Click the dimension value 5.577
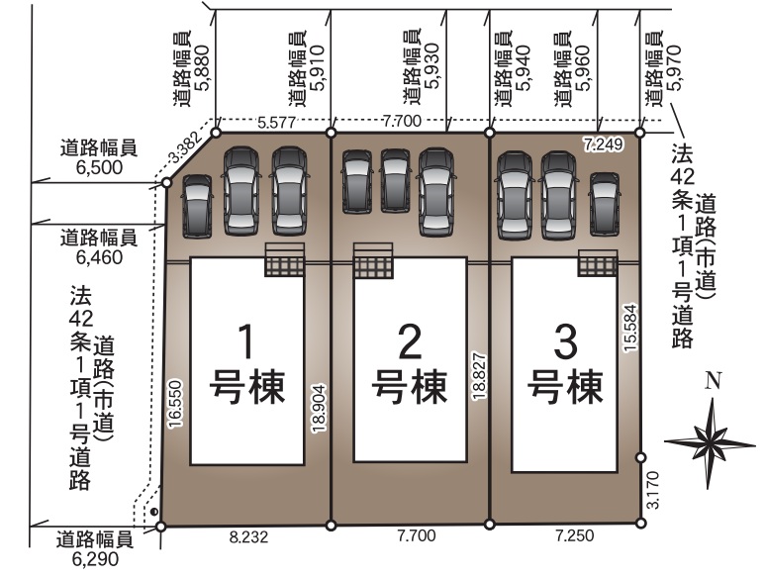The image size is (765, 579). pos(277,122)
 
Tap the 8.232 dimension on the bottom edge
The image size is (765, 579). pos(248,537)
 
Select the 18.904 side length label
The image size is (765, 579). pos(320,409)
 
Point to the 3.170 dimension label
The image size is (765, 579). pos(652,490)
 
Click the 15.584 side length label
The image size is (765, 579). pos(630,328)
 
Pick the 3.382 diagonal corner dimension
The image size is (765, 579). pos(184,147)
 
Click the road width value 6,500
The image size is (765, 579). pos(99,167)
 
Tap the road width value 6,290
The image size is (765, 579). pos(95,559)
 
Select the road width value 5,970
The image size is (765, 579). pos(676,68)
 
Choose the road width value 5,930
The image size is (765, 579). pos(431,67)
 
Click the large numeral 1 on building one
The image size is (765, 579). pos(246,341)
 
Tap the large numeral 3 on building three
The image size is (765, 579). pos(565,341)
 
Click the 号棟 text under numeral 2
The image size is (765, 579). pos(410,387)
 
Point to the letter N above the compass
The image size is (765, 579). pos(714,380)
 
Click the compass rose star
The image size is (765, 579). pos(711,443)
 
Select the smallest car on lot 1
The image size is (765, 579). pos(197,206)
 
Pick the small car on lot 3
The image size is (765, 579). pos(605,204)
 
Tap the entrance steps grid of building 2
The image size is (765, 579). pos(373,267)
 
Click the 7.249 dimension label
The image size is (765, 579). pos(604,145)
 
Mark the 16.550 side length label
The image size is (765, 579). pos(175,405)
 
